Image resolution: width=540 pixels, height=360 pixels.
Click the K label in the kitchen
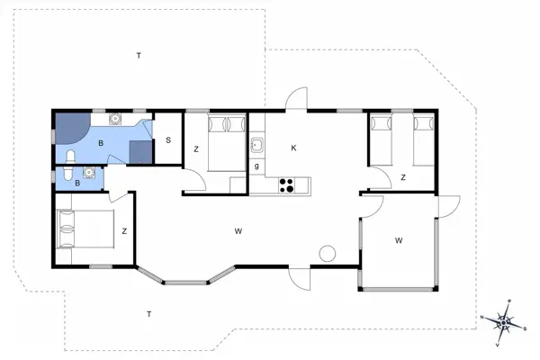point(293,148)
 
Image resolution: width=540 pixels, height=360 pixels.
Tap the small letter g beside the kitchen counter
point(256,166)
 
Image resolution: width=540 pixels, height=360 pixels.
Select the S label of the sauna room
point(168,139)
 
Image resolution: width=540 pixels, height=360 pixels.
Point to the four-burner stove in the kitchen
point(288,186)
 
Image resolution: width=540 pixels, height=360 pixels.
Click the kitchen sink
point(256,144)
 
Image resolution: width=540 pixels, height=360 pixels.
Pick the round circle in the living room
point(328,253)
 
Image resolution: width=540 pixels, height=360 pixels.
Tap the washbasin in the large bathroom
point(115,119)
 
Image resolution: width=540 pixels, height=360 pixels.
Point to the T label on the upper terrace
point(139,56)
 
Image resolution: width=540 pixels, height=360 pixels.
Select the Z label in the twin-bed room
point(402,177)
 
